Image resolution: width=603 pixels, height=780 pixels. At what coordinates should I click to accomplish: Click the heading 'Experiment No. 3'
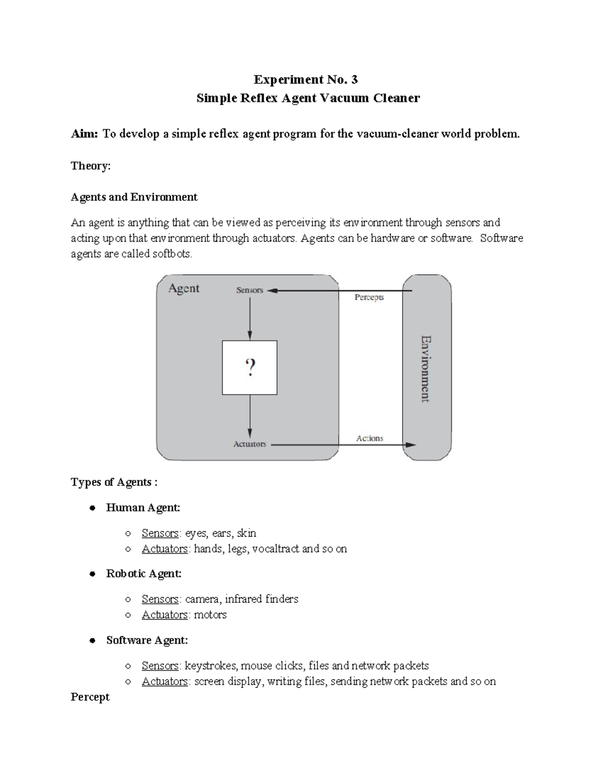306,79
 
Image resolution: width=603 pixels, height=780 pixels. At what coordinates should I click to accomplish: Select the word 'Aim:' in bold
84,134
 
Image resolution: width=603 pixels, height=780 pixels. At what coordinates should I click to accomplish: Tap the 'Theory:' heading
90,166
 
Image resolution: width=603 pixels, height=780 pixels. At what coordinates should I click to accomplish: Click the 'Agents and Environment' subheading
134,197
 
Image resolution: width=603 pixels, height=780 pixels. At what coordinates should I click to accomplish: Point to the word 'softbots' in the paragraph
172,254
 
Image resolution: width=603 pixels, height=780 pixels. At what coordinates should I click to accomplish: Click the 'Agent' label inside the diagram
183,288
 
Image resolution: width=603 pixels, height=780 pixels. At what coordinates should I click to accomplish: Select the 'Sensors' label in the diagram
249,290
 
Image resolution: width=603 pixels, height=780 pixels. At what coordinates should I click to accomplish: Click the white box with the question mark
250,368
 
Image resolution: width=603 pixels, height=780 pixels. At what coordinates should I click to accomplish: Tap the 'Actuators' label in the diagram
249,444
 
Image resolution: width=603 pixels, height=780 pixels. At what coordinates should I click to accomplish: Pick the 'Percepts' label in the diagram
369,297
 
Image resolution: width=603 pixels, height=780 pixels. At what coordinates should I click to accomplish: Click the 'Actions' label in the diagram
369,438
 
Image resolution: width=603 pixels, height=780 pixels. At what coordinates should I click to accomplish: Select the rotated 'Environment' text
425,368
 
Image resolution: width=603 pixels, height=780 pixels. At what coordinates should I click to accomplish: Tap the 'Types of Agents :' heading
114,482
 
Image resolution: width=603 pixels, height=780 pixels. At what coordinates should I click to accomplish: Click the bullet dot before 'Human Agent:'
92,508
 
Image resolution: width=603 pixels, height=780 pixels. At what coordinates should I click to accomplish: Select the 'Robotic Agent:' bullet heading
144,574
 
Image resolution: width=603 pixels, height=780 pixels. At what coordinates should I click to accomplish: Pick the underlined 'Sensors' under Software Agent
160,666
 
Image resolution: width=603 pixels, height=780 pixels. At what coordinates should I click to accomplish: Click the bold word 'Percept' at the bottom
90,697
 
